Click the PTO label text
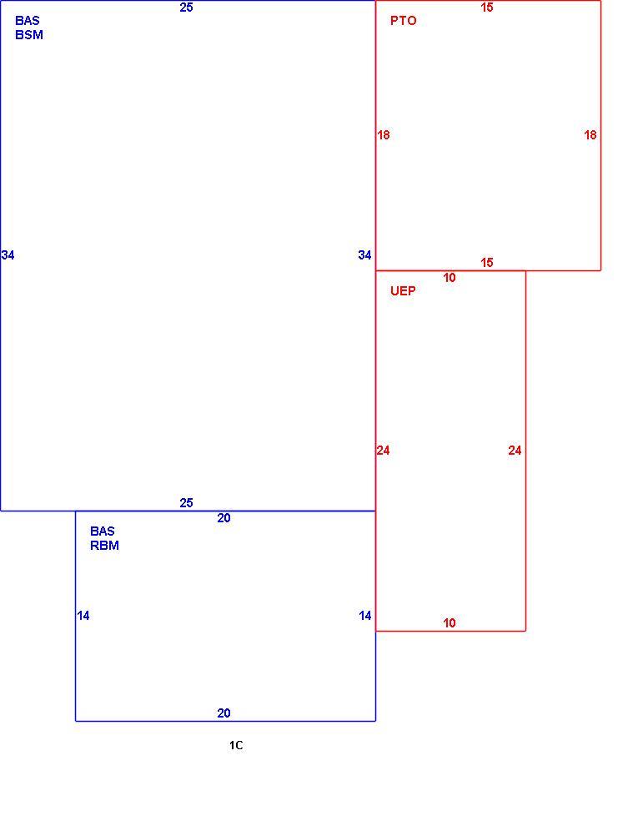point(404,21)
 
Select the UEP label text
point(403,291)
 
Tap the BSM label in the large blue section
point(29,35)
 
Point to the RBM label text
point(104,545)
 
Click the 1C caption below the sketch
point(236,745)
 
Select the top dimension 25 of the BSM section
point(187,8)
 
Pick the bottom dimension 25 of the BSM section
point(187,503)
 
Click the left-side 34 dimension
point(8,255)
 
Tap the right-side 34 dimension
point(364,255)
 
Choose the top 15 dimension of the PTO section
point(487,8)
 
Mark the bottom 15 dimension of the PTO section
point(487,262)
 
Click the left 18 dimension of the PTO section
point(384,135)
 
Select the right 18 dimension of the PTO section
point(590,135)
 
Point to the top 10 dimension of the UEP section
point(450,278)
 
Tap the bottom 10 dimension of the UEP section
point(450,623)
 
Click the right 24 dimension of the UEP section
point(515,451)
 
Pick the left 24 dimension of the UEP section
point(384,451)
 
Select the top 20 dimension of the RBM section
point(224,518)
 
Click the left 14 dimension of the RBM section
point(83,615)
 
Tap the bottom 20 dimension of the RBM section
point(224,713)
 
